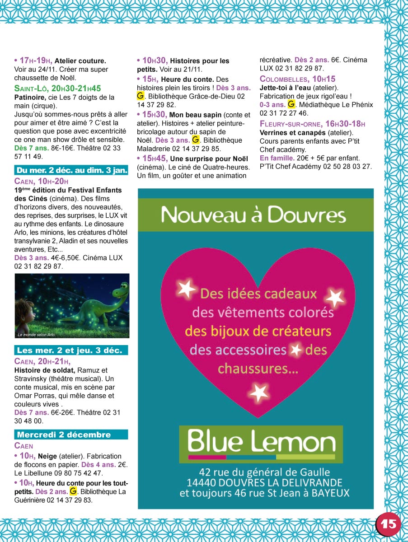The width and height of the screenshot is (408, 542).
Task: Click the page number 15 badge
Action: click(388, 524)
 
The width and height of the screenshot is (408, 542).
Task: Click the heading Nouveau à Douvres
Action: click(254, 215)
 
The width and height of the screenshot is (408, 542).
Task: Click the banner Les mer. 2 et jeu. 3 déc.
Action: click(71, 350)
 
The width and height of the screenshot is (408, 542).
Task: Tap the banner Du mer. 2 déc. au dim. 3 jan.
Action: click(71, 170)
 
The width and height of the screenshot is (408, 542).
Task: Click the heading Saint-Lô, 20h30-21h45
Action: click(57, 88)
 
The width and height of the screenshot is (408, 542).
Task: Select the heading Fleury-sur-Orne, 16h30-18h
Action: click(312, 124)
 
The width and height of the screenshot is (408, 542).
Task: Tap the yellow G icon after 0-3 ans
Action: click(291, 104)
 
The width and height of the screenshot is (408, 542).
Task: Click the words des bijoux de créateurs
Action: click(258, 331)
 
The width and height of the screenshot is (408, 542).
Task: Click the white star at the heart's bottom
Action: click(258, 392)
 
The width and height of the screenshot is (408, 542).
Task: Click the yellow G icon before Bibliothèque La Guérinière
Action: click(74, 491)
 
